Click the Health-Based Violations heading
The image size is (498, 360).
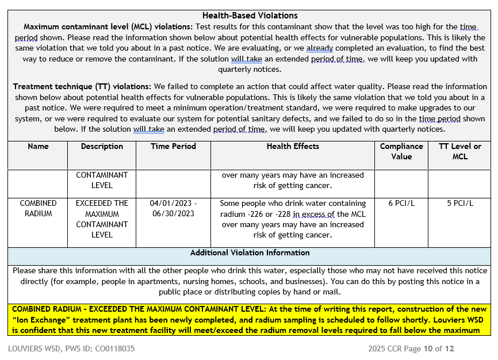point(250,16)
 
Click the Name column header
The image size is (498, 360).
point(38,147)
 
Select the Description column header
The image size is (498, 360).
point(102,147)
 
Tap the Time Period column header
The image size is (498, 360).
point(173,147)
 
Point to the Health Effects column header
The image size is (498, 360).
point(293,147)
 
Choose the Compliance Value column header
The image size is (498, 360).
point(401,151)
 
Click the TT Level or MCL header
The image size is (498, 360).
point(459,151)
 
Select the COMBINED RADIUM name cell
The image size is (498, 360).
point(38,208)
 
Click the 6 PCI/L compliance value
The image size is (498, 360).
point(401,204)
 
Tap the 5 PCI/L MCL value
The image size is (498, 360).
point(460,204)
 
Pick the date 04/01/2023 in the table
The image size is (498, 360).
point(171,204)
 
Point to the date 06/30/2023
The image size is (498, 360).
point(173,214)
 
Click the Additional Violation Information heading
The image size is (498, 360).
point(250,253)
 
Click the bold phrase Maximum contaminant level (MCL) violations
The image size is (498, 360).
point(108,27)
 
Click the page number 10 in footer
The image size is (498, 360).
point(428,348)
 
